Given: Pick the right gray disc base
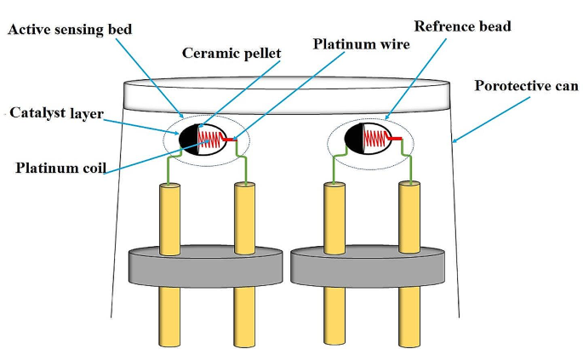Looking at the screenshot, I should click(369, 266).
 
